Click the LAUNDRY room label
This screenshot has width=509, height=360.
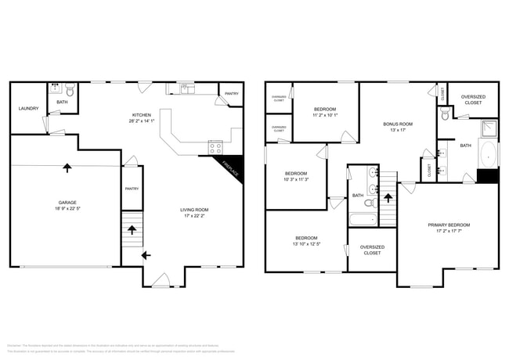(28, 109)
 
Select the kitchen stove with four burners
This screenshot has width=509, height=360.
(215, 147)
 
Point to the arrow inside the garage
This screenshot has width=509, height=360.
(67, 167)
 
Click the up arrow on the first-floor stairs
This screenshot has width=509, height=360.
(132, 230)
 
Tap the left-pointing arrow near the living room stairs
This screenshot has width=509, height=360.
(146, 254)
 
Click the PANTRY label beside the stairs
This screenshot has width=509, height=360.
(132, 188)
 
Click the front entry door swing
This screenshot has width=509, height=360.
(161, 279)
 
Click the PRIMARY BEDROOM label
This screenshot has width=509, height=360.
(449, 225)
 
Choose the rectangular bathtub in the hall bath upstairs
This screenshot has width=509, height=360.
(363, 220)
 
